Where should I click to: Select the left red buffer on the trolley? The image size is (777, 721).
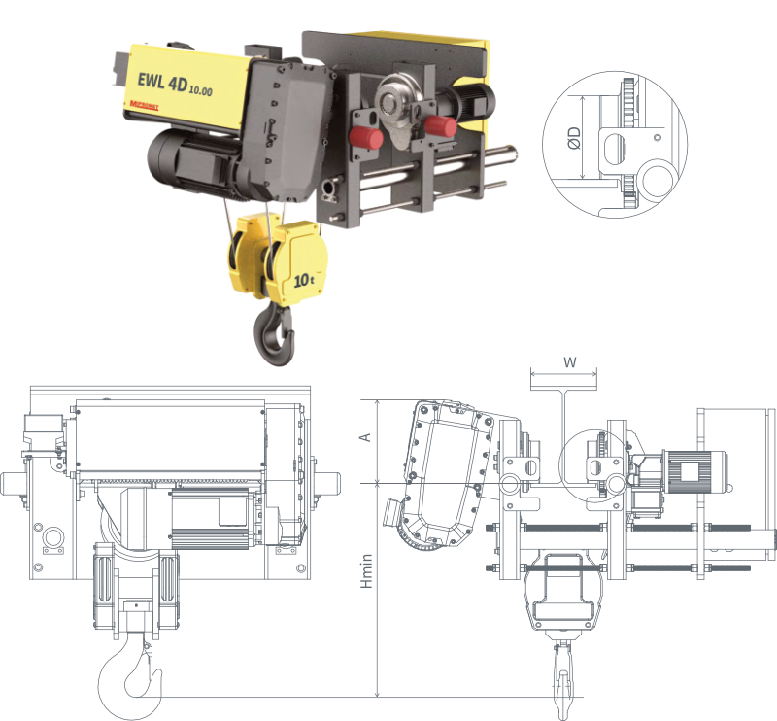click(x=364, y=137)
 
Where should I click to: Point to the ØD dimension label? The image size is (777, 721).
click(x=574, y=138)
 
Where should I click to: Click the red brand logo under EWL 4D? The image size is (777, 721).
click(x=146, y=104)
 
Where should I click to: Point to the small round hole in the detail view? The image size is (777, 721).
click(x=658, y=138)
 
